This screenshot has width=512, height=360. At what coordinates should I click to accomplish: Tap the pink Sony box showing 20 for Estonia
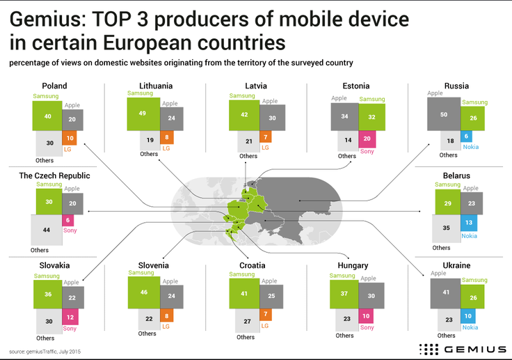pos(367,139)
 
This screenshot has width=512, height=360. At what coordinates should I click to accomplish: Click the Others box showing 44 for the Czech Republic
pos(46,230)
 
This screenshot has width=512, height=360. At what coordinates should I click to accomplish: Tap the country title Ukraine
pos(456,265)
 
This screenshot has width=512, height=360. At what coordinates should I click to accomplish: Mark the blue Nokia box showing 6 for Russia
pos(466,136)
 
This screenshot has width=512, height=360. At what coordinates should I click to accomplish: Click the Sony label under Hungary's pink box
pos(367,327)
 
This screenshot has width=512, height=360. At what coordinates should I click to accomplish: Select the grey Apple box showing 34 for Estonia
pos(345,116)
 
